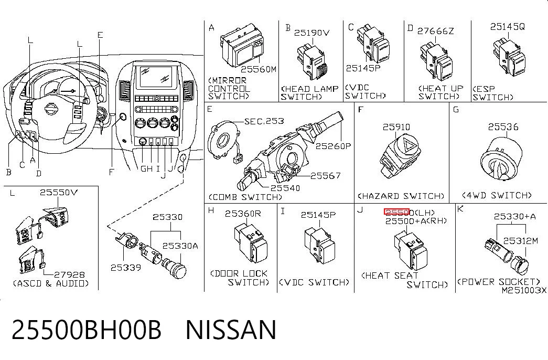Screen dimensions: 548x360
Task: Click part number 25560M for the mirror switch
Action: coord(259,69)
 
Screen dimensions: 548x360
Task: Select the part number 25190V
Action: coord(311,33)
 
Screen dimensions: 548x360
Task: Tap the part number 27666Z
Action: coord(435,31)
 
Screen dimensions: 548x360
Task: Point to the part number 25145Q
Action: coord(508,27)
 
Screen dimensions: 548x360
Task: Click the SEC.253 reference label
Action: coord(264,121)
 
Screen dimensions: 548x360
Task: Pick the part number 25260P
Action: coord(333,146)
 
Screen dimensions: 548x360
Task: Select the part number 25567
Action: coord(325,176)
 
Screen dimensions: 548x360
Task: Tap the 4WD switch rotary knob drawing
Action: coord(501,159)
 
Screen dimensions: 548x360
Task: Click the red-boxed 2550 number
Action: coord(396,212)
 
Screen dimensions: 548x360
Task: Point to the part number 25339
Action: coord(126,268)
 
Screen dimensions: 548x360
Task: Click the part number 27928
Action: coord(70,274)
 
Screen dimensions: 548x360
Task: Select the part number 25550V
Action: coord(59,192)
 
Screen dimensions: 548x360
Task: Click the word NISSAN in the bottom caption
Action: coord(231,330)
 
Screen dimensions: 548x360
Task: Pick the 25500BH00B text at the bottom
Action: coord(87,330)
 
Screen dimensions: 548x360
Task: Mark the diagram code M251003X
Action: coord(524,290)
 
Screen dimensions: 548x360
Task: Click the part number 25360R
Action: coord(243,214)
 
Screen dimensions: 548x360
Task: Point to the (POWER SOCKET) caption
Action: coord(499,282)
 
